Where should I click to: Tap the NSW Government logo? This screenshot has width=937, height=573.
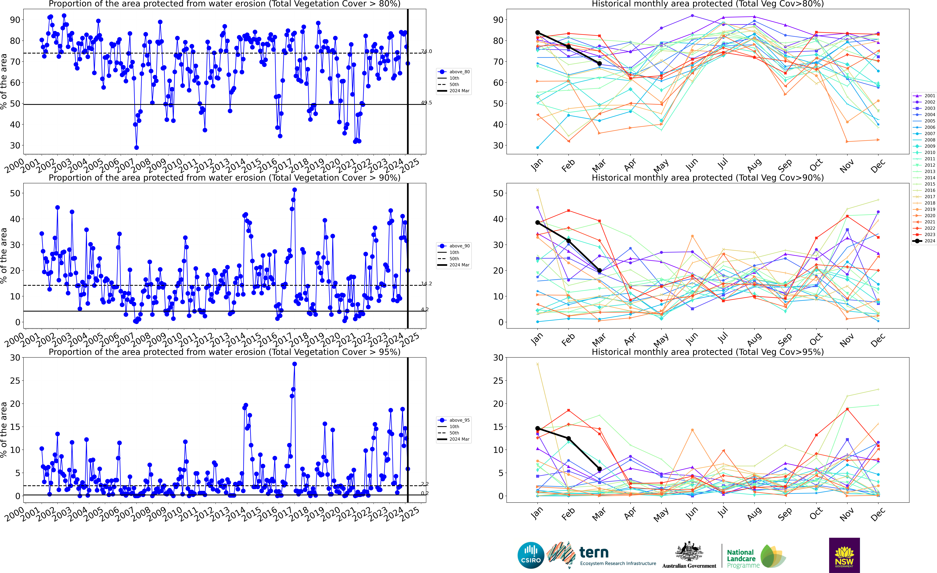click(x=844, y=555)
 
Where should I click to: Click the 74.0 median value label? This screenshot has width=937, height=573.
click(x=426, y=51)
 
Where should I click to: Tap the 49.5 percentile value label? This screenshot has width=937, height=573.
click(x=426, y=103)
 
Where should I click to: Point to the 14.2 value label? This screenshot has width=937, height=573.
click(x=426, y=283)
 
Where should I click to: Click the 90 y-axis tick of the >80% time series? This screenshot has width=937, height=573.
click(x=15, y=20)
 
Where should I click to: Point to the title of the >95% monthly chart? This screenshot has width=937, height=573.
click(x=708, y=352)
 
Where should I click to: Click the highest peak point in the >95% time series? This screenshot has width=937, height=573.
click(x=294, y=364)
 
